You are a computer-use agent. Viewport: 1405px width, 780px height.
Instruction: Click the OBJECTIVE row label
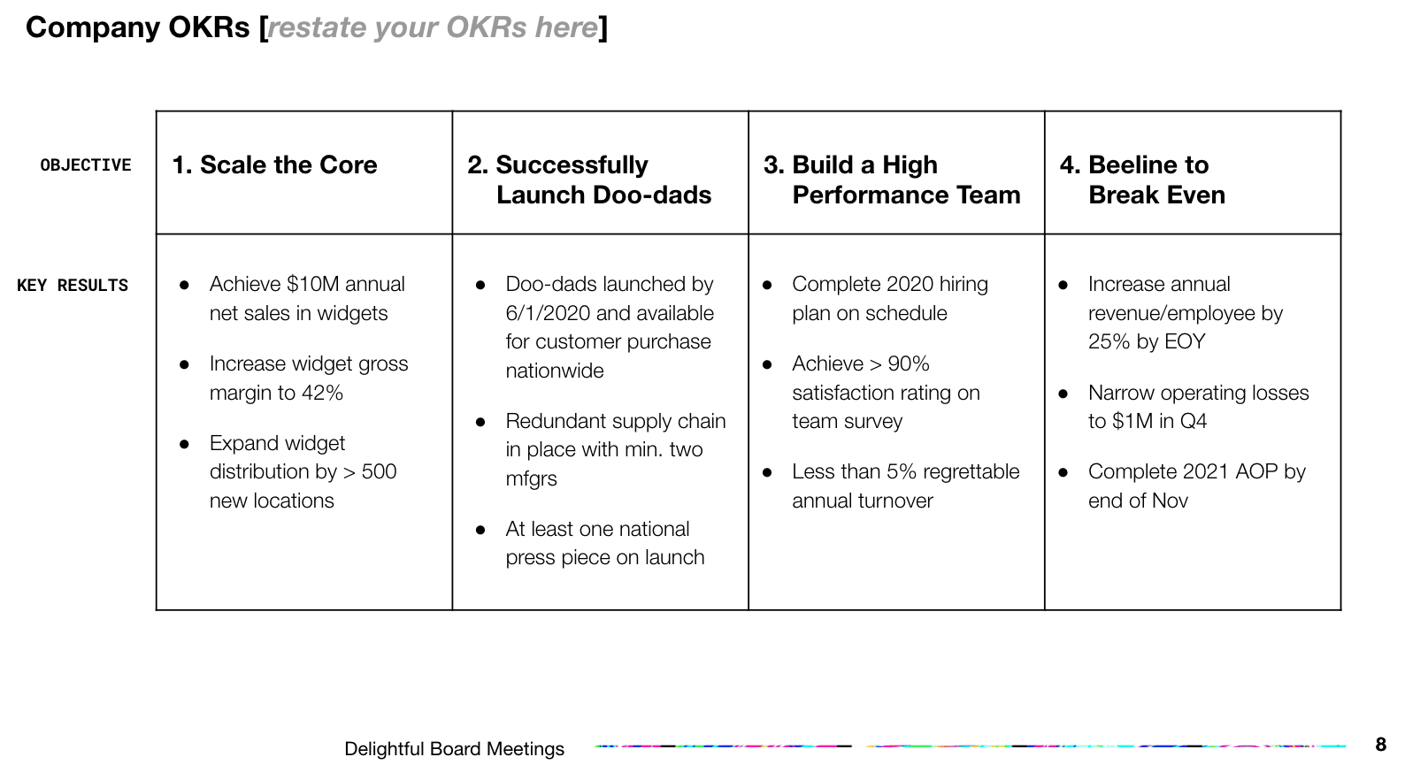click(x=86, y=165)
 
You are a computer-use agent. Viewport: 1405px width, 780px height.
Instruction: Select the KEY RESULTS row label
click(x=73, y=286)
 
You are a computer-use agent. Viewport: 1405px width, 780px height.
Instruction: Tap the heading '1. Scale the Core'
click(x=274, y=165)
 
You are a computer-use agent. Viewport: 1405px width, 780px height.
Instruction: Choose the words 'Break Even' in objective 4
click(x=1156, y=195)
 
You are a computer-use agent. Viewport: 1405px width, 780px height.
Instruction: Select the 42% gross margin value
click(x=322, y=394)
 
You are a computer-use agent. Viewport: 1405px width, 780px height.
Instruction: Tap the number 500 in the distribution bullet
click(x=379, y=472)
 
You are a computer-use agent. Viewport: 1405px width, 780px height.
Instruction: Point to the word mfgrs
click(x=531, y=479)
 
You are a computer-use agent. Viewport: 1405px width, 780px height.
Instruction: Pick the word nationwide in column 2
click(x=555, y=371)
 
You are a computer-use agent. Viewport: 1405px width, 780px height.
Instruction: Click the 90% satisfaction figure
click(x=909, y=364)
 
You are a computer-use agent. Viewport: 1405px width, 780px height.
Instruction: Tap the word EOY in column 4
click(x=1185, y=342)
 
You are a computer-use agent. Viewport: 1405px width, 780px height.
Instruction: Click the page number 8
click(x=1380, y=745)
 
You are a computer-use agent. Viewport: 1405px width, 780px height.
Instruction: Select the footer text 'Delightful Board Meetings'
click(x=454, y=749)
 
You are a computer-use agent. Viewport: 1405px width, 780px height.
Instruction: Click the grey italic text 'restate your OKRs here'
click(x=433, y=28)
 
